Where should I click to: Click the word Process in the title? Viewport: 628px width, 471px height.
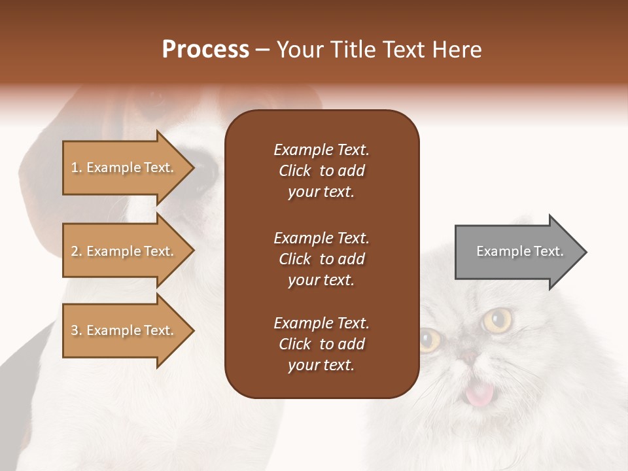tap(205, 50)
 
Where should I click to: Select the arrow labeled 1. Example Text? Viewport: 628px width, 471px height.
tap(124, 167)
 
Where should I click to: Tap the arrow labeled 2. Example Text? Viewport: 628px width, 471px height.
tap(124, 251)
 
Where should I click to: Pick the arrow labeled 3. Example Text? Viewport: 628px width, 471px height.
tap(124, 330)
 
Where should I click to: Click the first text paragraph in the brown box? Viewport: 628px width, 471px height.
tap(321, 171)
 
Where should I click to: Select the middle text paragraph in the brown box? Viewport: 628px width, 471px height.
tap(321, 259)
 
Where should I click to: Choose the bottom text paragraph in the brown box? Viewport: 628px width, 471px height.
tap(321, 344)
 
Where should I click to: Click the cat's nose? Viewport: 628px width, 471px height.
tap(468, 356)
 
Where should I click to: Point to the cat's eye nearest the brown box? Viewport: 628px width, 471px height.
tap(430, 340)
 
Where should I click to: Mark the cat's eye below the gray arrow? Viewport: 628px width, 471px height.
tap(497, 320)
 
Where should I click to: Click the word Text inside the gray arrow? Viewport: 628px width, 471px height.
tap(548, 251)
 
